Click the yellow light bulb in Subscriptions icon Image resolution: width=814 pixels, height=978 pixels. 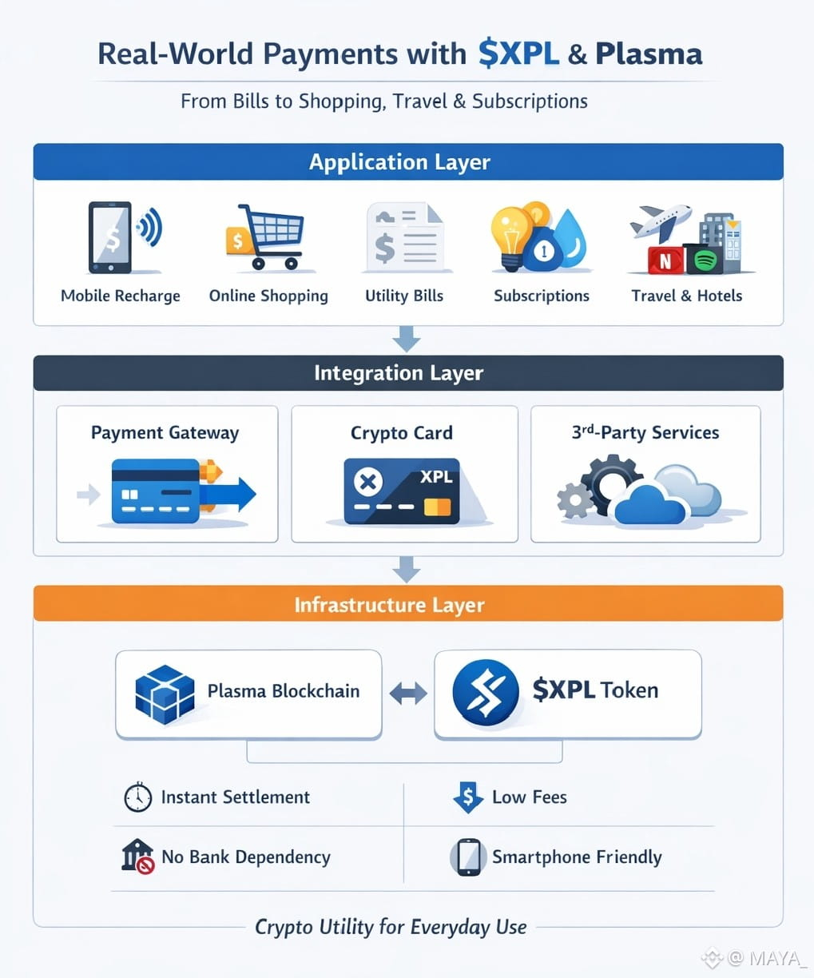(x=510, y=232)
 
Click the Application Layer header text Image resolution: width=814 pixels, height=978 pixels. (x=399, y=162)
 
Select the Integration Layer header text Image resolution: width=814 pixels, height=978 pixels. (x=399, y=373)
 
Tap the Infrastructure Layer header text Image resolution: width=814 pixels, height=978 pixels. (x=389, y=605)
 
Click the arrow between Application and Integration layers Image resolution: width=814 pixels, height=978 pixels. (x=407, y=339)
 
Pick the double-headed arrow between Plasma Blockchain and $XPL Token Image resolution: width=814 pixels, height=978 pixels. (x=408, y=693)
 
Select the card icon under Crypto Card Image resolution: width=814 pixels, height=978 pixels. (x=402, y=491)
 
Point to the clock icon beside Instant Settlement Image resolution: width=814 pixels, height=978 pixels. (x=137, y=797)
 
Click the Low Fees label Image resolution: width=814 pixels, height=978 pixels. (x=529, y=797)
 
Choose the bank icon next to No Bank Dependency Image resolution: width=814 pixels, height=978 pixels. (x=137, y=856)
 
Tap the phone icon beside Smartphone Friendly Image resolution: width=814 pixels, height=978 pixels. (x=468, y=857)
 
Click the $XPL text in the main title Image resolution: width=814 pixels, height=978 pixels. (x=518, y=54)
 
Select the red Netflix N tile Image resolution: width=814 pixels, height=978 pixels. (x=665, y=260)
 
